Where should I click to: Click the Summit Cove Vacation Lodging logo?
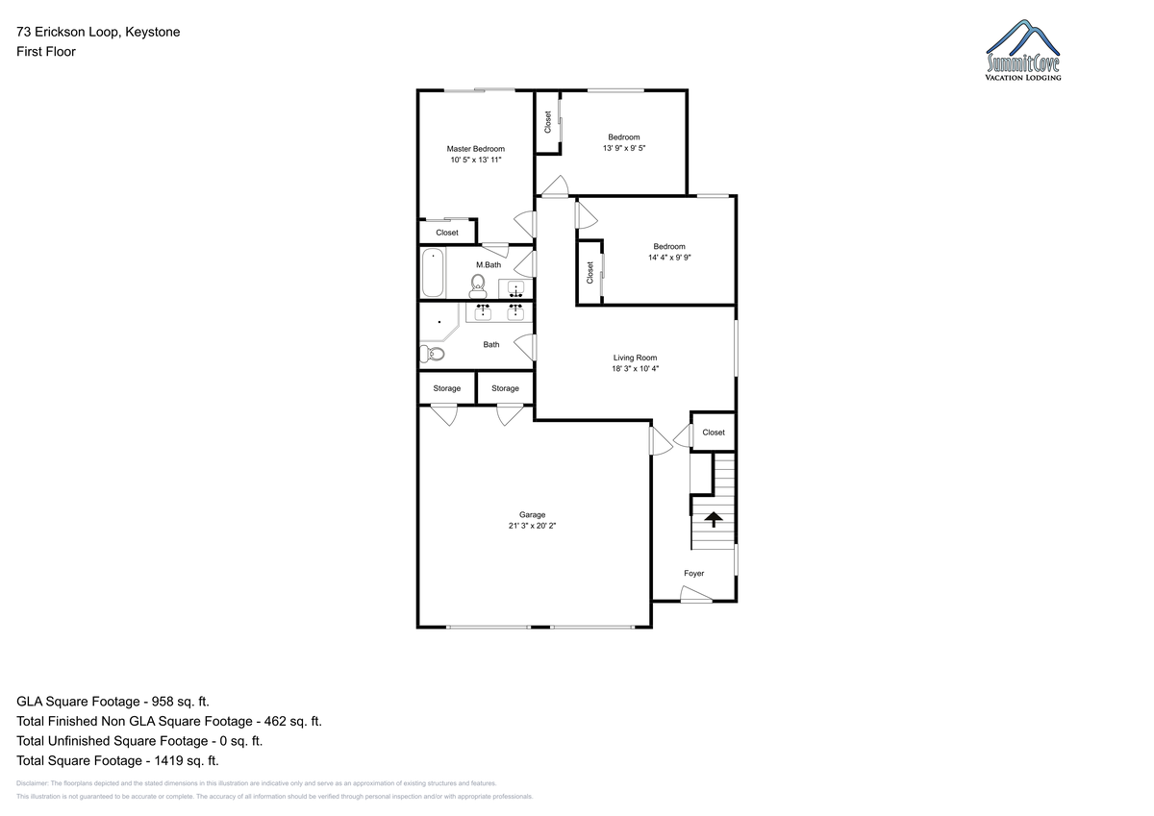tap(1023, 50)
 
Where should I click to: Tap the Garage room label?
tap(532, 515)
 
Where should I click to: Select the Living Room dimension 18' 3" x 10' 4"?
tap(636, 369)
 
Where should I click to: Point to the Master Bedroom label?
tap(475, 149)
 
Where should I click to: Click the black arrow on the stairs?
tap(713, 519)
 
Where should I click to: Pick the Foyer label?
tap(694, 574)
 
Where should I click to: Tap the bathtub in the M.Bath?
tap(433, 272)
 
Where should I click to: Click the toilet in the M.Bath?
tap(478, 286)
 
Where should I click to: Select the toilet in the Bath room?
tap(432, 354)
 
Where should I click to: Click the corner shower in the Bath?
tap(438, 322)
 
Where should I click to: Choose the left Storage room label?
tap(446, 388)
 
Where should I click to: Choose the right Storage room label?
tap(505, 388)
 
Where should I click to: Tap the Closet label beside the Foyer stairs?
tap(714, 433)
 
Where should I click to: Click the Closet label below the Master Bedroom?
tap(446, 233)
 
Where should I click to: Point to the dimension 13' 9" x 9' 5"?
tap(624, 148)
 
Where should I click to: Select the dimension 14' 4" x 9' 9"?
tap(669, 258)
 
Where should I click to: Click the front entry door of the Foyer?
tap(696, 594)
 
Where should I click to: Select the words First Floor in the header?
tap(46, 52)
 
